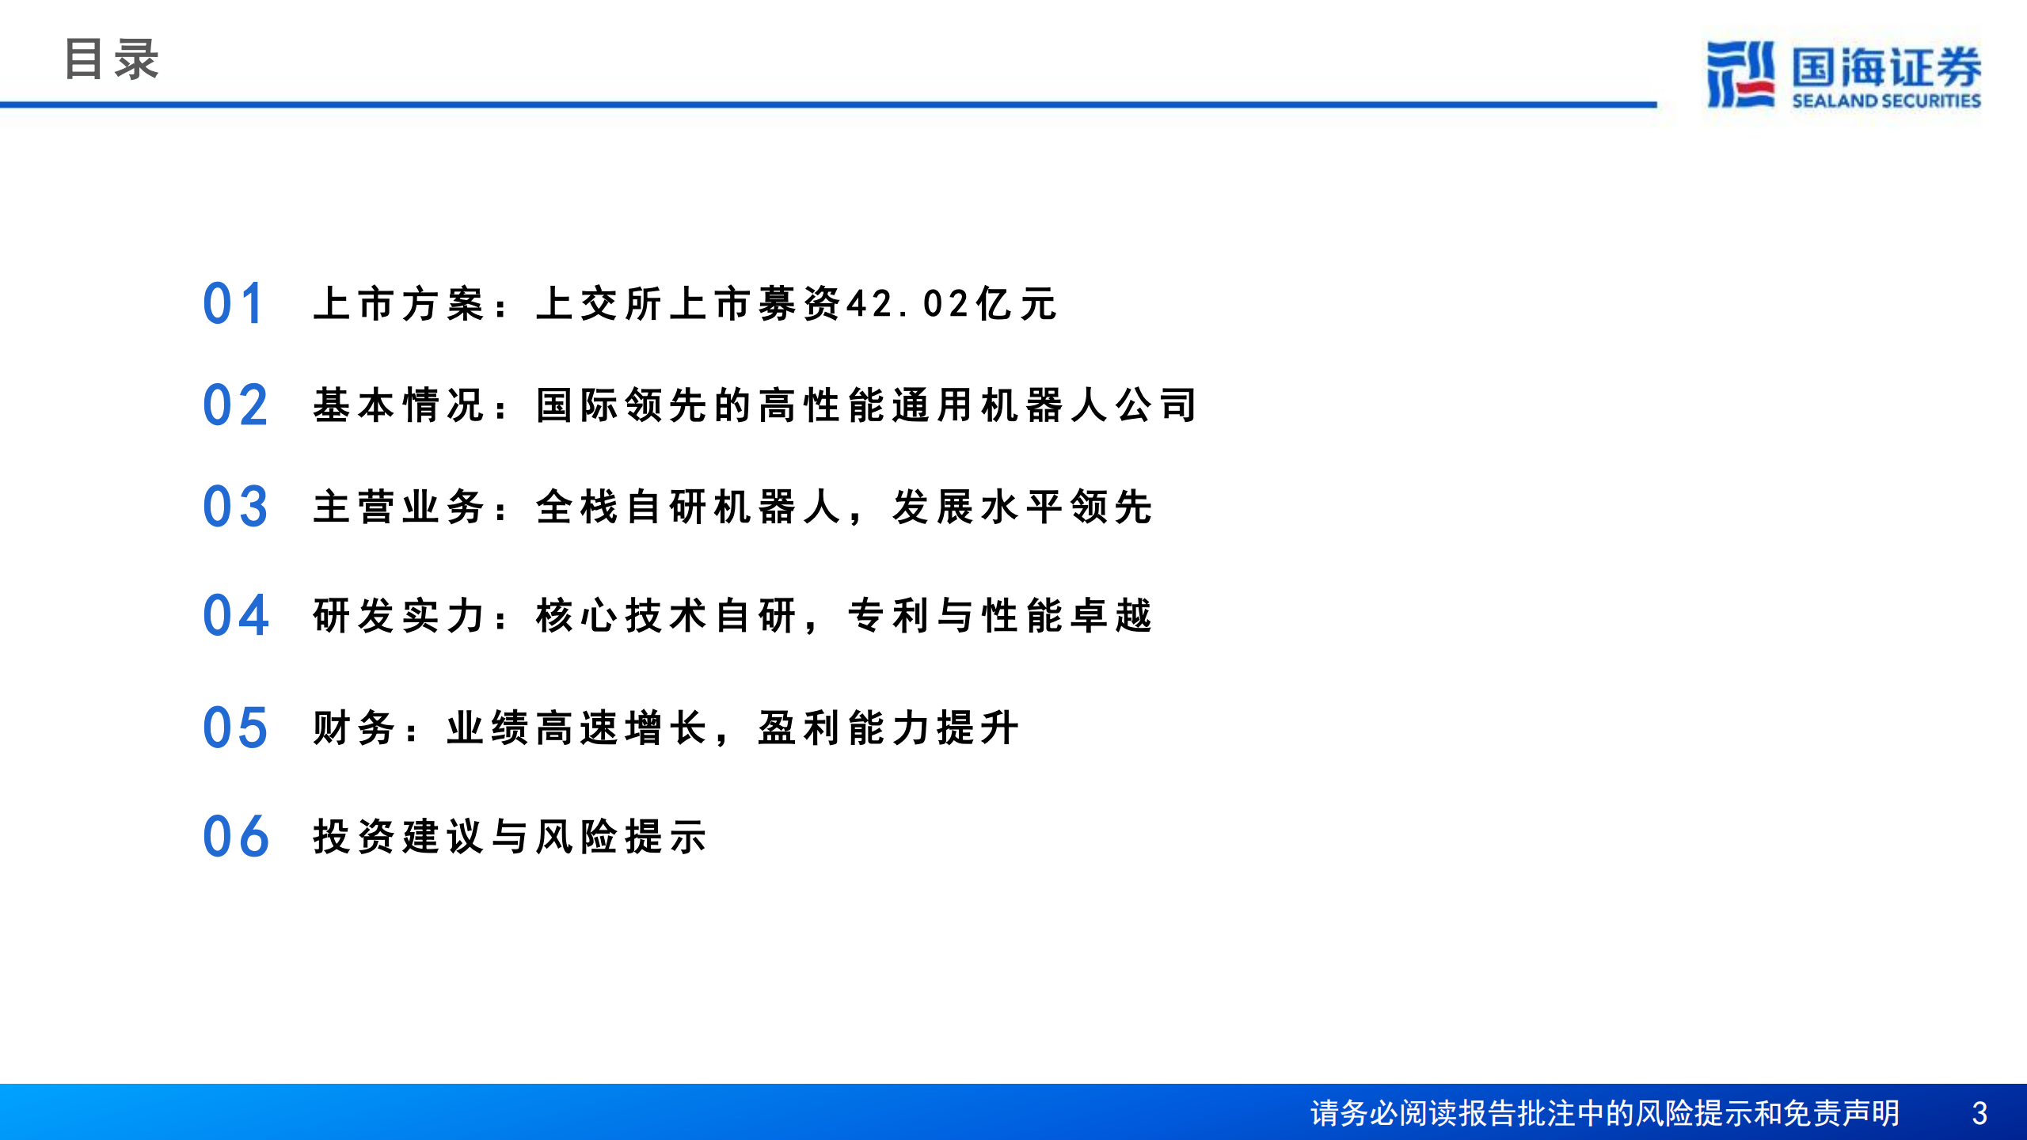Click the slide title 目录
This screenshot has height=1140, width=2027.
[x=111, y=59]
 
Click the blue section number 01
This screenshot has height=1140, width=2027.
[x=233, y=304]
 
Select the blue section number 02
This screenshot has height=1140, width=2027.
[x=235, y=405]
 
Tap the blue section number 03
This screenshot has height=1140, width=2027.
[x=235, y=507]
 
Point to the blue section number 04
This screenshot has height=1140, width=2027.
[x=235, y=616]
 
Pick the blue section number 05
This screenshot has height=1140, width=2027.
[x=235, y=728]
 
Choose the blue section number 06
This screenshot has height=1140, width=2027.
[x=235, y=837]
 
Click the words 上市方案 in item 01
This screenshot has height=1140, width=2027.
[x=398, y=304]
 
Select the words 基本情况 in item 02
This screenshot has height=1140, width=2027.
[x=398, y=405]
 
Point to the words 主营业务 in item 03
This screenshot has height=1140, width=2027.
[x=398, y=507]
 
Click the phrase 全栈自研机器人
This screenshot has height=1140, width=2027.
[x=687, y=507]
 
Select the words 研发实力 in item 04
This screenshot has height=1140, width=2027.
[x=398, y=616]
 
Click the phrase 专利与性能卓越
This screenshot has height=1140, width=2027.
[x=999, y=616]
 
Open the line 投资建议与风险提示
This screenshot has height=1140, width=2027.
[x=509, y=837]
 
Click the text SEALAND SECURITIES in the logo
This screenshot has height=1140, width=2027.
[x=1886, y=101]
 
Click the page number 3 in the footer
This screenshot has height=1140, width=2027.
[x=1979, y=1114]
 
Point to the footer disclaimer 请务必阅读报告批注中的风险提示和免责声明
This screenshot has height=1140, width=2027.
[x=1604, y=1114]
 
